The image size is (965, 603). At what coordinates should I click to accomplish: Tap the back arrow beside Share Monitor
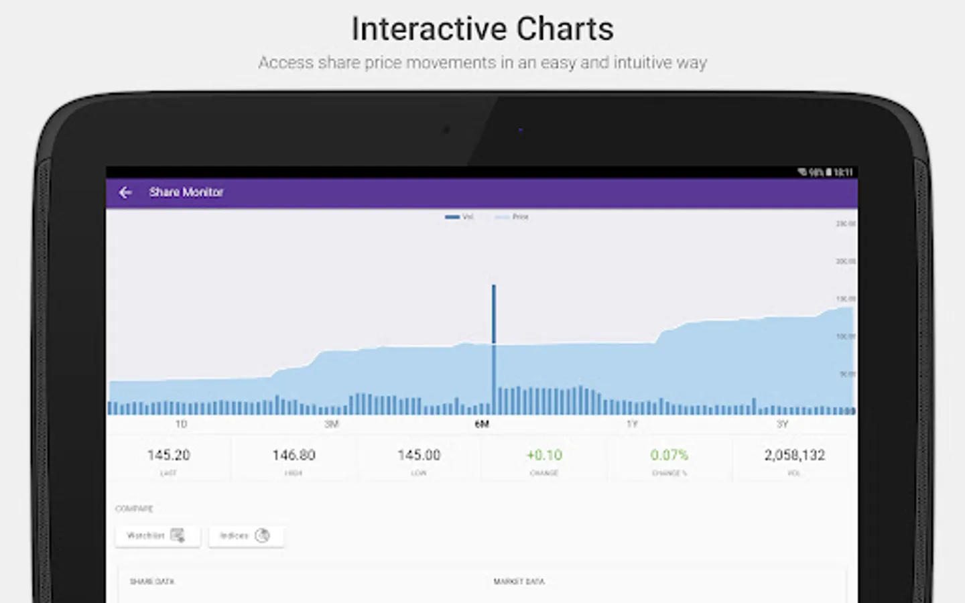125,192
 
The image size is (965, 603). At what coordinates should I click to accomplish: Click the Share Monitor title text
186,192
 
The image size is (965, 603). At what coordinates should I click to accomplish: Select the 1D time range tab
181,424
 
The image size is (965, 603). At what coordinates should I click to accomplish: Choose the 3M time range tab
332,424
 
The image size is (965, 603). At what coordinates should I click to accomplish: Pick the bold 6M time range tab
482,424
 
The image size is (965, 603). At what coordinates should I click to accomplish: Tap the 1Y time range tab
632,424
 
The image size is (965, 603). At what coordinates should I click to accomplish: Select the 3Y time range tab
782,424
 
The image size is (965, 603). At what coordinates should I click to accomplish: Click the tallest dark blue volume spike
494,315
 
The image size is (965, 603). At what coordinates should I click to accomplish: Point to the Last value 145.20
168,455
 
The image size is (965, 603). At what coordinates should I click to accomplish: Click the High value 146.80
294,455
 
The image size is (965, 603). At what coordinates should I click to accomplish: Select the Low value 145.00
419,455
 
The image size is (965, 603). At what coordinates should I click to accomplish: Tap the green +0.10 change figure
544,455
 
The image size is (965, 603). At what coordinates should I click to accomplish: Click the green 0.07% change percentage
669,455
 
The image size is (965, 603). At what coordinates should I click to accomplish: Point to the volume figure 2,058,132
794,455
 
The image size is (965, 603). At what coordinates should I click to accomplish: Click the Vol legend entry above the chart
460,217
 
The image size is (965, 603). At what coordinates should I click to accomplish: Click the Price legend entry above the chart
513,217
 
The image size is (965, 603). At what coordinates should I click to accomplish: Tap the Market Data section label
519,582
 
